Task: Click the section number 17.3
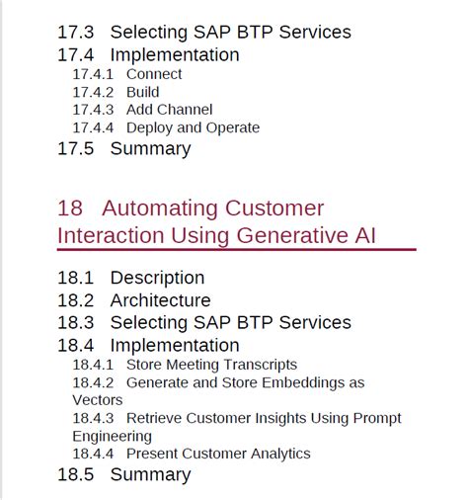click(x=77, y=33)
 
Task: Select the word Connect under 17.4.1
click(x=154, y=74)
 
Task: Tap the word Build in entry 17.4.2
click(x=143, y=92)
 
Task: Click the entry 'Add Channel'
click(x=169, y=110)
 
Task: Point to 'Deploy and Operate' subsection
click(x=193, y=127)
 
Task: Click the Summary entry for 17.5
click(x=150, y=149)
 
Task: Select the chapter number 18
click(x=70, y=208)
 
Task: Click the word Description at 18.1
click(x=157, y=278)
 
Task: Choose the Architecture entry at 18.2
click(x=160, y=300)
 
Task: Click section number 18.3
click(x=77, y=323)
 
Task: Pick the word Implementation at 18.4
click(x=175, y=345)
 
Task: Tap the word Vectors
click(x=97, y=400)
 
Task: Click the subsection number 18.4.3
click(x=93, y=418)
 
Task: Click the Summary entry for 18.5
click(x=150, y=475)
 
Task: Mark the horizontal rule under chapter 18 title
click(x=237, y=250)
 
